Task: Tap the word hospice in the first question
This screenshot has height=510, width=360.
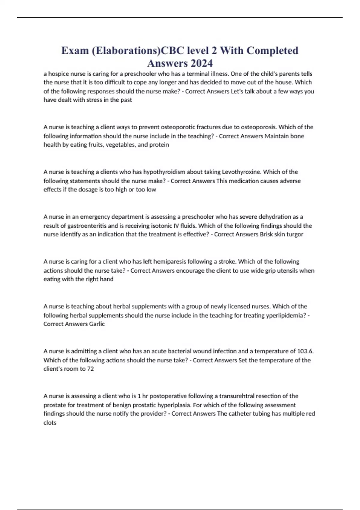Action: click(x=58, y=74)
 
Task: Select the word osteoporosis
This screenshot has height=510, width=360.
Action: click(x=258, y=127)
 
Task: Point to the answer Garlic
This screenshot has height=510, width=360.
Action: click(x=97, y=324)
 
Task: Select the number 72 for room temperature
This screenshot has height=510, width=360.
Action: click(x=90, y=369)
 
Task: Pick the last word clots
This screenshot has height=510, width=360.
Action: click(x=50, y=423)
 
